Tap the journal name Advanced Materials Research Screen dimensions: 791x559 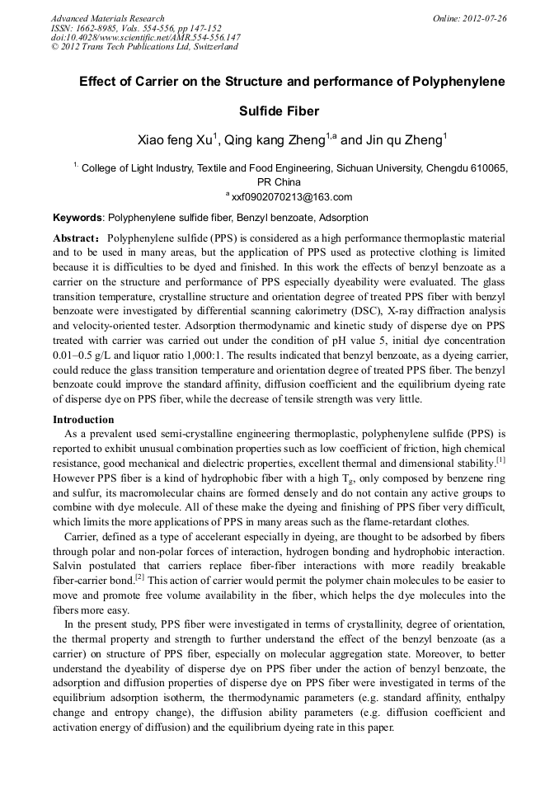(x=107, y=18)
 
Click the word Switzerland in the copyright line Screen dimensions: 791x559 (x=213, y=47)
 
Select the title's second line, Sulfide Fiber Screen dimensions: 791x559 (x=279, y=111)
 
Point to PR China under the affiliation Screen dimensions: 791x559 (x=279, y=181)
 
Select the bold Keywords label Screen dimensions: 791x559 (x=78, y=219)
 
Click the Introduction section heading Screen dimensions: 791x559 (x=83, y=420)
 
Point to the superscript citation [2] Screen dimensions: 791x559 (x=139, y=577)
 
